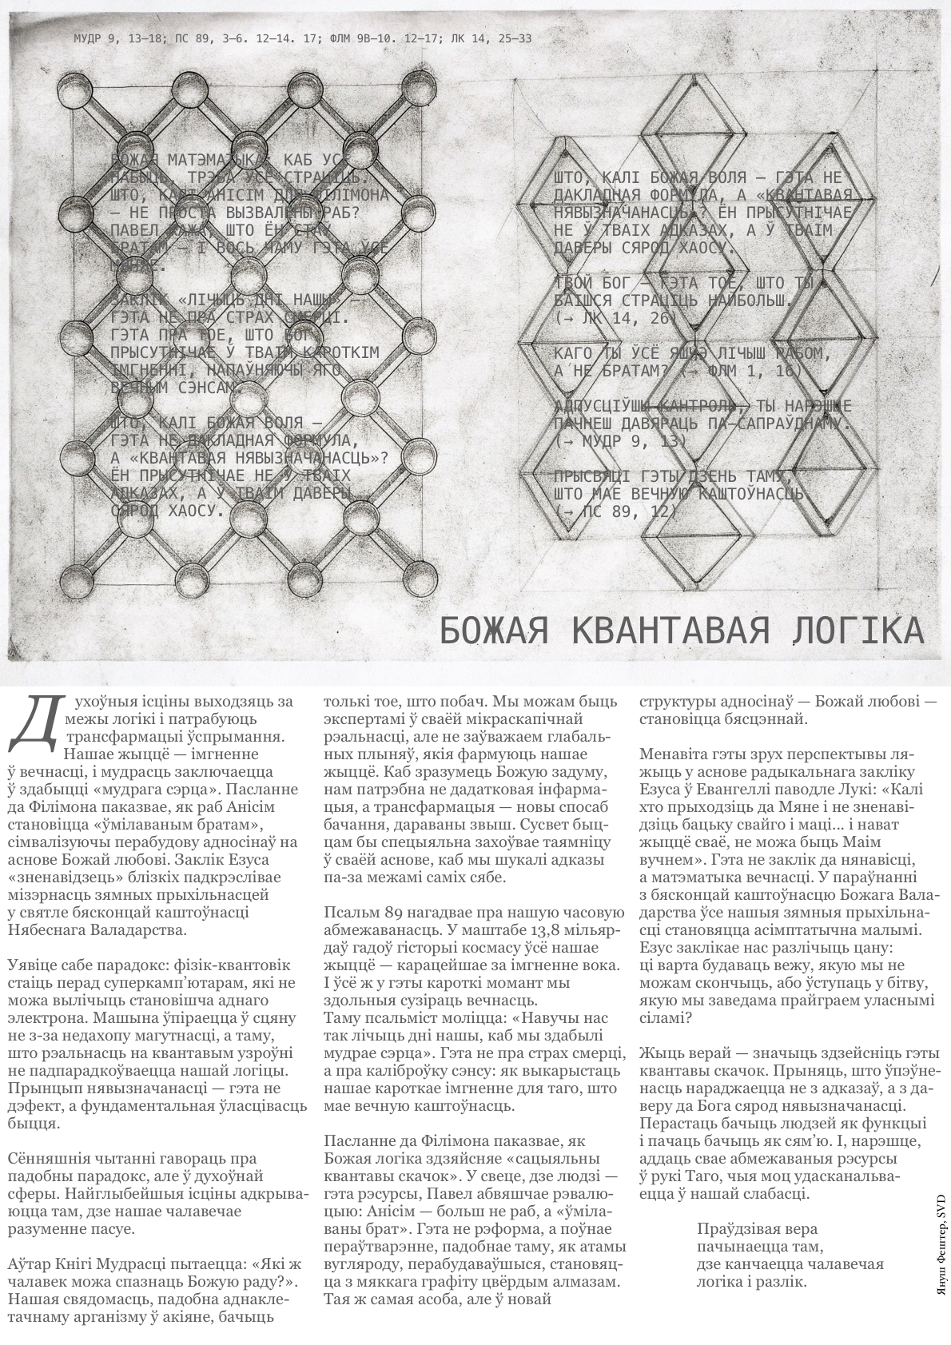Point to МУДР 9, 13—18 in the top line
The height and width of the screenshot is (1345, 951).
pos(117,38)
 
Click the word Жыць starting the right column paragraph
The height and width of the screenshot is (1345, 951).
pos(660,1053)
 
